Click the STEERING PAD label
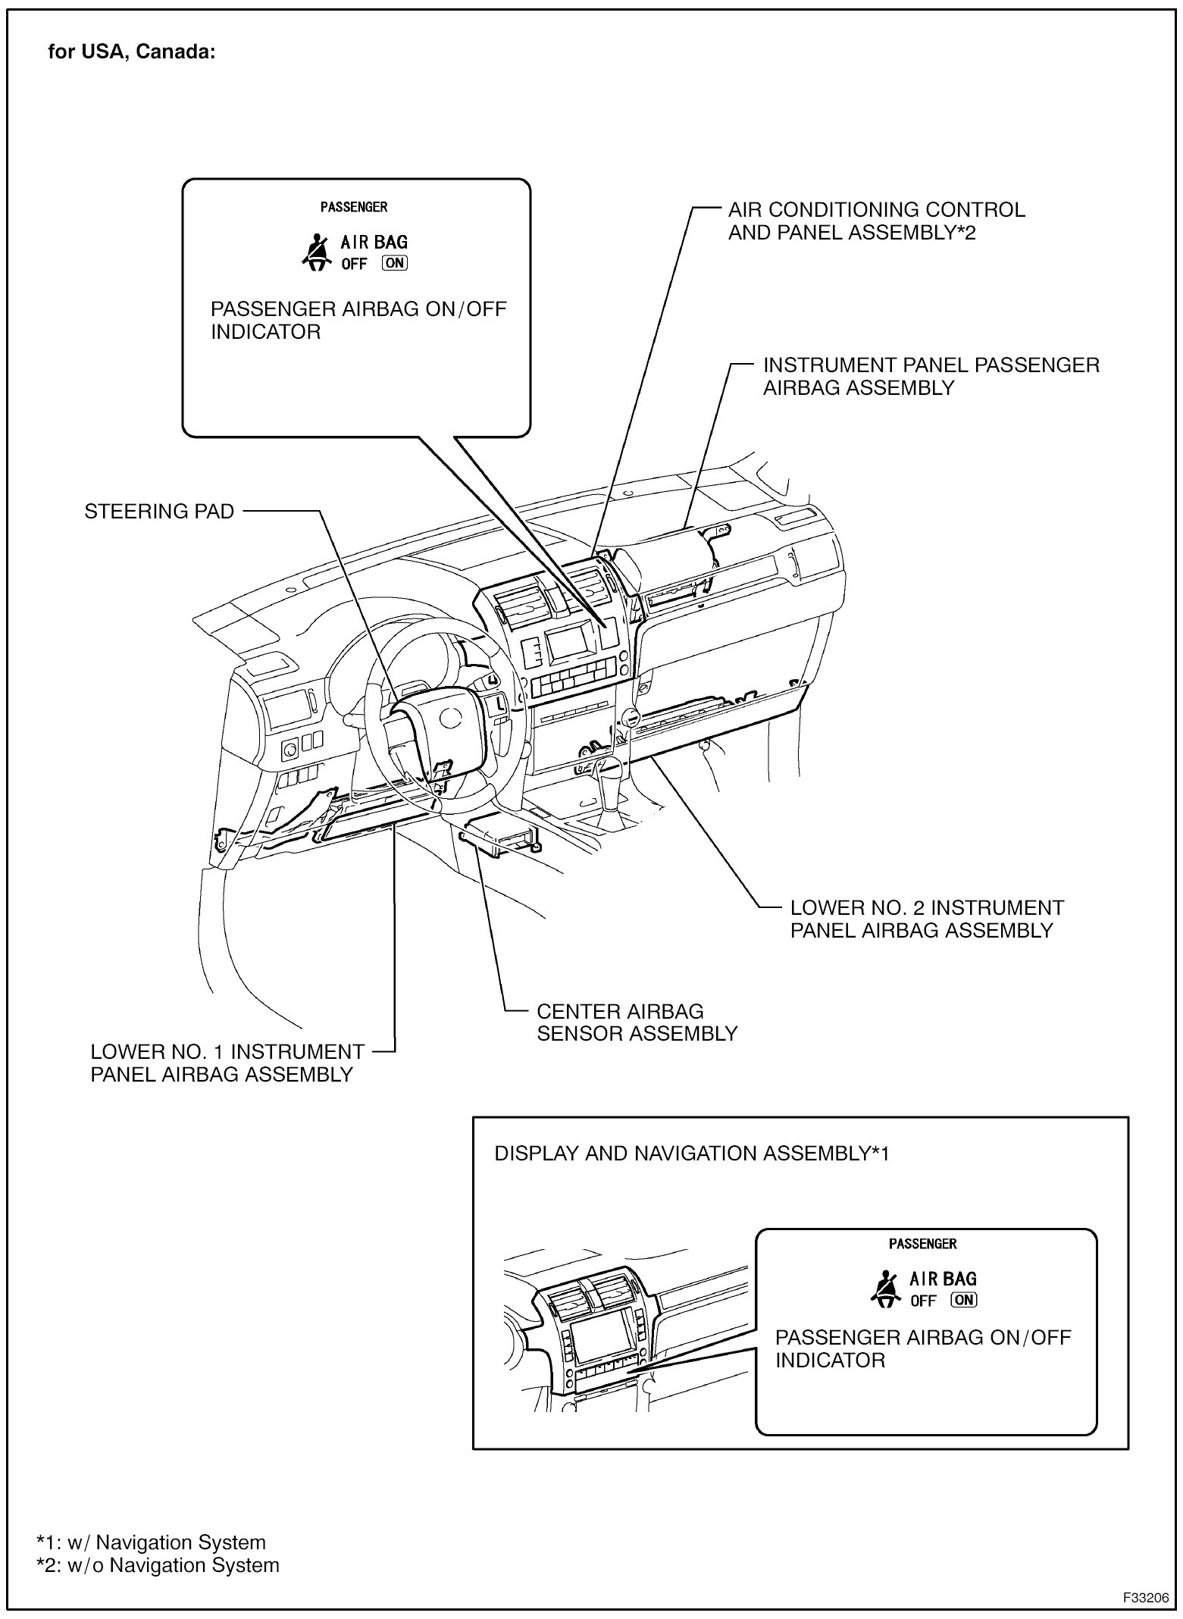(159, 512)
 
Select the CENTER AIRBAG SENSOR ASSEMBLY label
(637, 1022)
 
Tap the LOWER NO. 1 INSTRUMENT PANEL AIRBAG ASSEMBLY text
(227, 1063)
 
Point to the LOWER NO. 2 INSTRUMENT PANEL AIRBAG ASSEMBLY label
(926, 919)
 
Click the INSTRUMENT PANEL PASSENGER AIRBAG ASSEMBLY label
(931, 376)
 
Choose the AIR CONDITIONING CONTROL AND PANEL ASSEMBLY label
(876, 221)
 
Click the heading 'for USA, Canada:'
(132, 52)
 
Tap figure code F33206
(1145, 1596)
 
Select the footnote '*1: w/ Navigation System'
(152, 1542)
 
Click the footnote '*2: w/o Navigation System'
(158, 1565)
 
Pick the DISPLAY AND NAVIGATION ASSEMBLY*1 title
(691, 1154)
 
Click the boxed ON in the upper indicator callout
(395, 263)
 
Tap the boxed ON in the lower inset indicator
(965, 1301)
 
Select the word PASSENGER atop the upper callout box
(354, 207)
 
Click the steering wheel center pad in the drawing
(432, 720)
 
